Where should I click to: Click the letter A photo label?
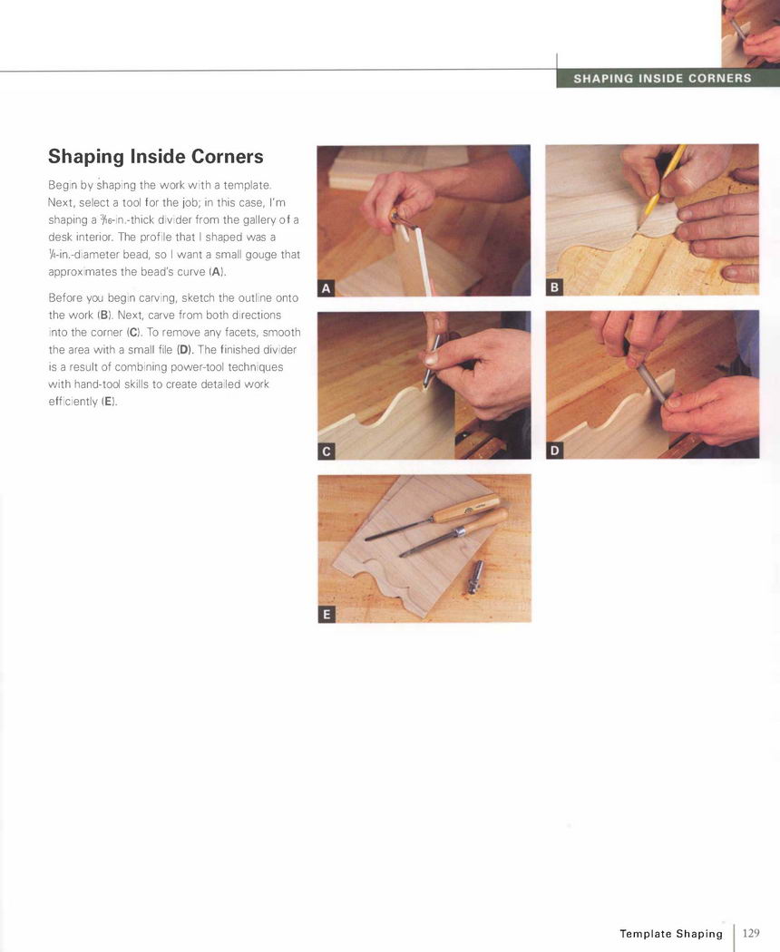click(327, 288)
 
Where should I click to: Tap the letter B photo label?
click(554, 287)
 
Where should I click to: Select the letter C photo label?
click(327, 452)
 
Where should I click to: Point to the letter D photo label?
click(554, 451)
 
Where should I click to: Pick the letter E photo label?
click(327, 615)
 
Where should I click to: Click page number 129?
click(751, 933)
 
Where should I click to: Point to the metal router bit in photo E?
click(475, 577)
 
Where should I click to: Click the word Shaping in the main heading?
click(86, 157)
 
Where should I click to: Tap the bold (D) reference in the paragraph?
click(184, 350)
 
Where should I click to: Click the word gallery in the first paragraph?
click(259, 219)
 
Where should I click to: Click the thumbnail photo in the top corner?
click(750, 34)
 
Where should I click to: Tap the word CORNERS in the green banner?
click(720, 78)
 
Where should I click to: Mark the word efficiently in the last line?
click(73, 402)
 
